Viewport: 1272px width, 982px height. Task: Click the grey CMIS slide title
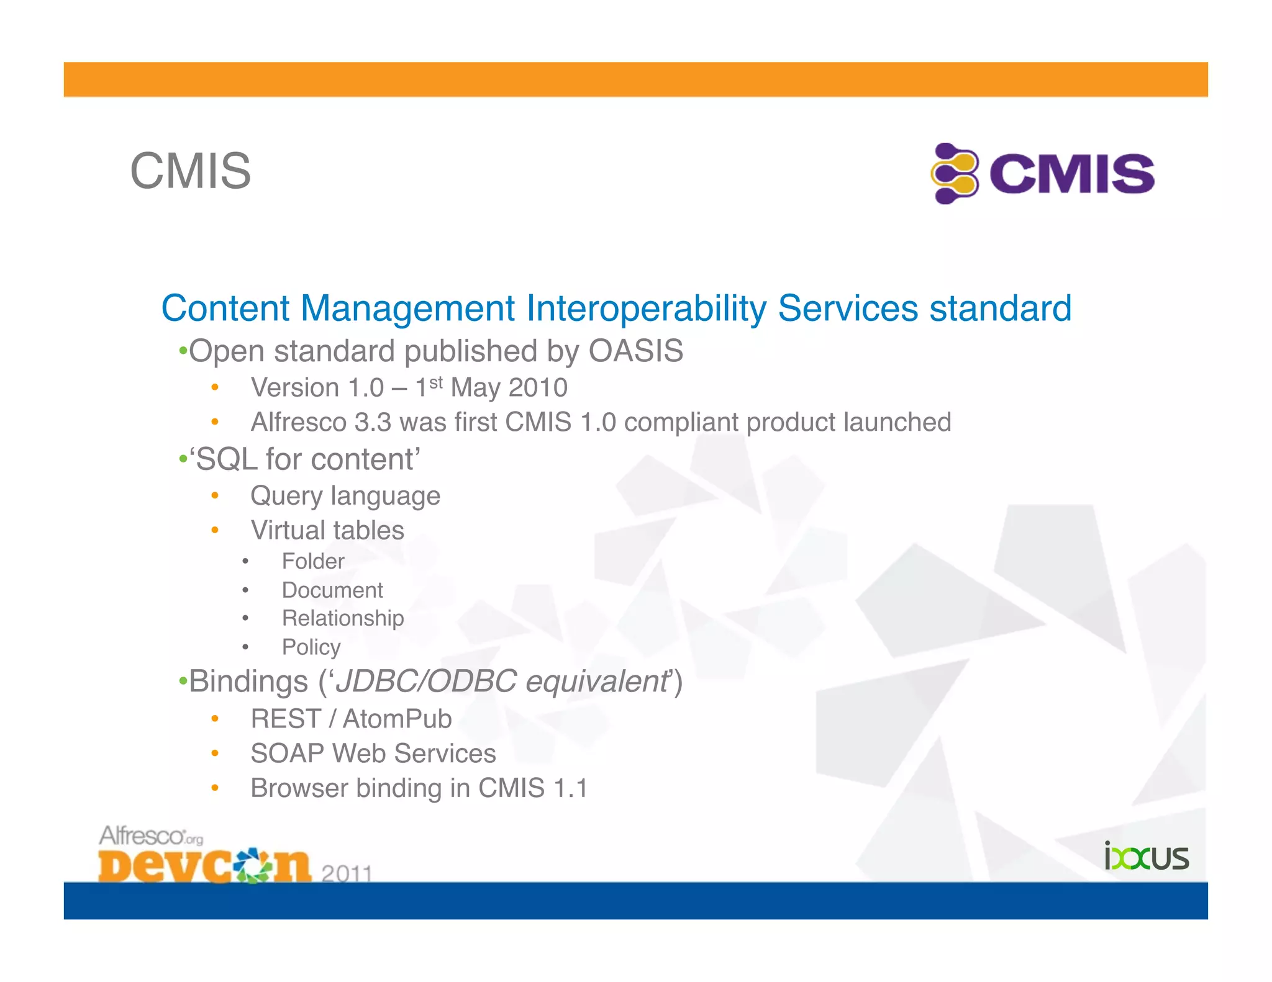(190, 171)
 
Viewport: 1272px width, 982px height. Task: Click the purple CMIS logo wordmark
(1071, 174)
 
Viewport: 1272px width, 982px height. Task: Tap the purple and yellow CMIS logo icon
(955, 173)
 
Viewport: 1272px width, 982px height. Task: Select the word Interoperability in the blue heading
(647, 308)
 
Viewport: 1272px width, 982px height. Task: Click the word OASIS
(635, 351)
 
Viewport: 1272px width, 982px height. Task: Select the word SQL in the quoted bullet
(227, 460)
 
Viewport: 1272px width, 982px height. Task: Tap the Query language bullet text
(345, 496)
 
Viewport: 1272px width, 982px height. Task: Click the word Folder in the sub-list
(313, 561)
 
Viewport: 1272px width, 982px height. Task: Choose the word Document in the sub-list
(332, 590)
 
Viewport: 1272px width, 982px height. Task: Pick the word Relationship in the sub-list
(343, 618)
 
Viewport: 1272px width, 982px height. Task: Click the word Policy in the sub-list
(311, 647)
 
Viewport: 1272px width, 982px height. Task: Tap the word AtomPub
(397, 719)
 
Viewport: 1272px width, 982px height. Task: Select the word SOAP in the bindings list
(287, 754)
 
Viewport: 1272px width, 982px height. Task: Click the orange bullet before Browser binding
(215, 788)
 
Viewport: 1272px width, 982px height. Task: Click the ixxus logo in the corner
(1146, 857)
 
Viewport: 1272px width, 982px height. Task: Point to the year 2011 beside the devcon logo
(347, 873)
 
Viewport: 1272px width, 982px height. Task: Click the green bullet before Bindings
(183, 682)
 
